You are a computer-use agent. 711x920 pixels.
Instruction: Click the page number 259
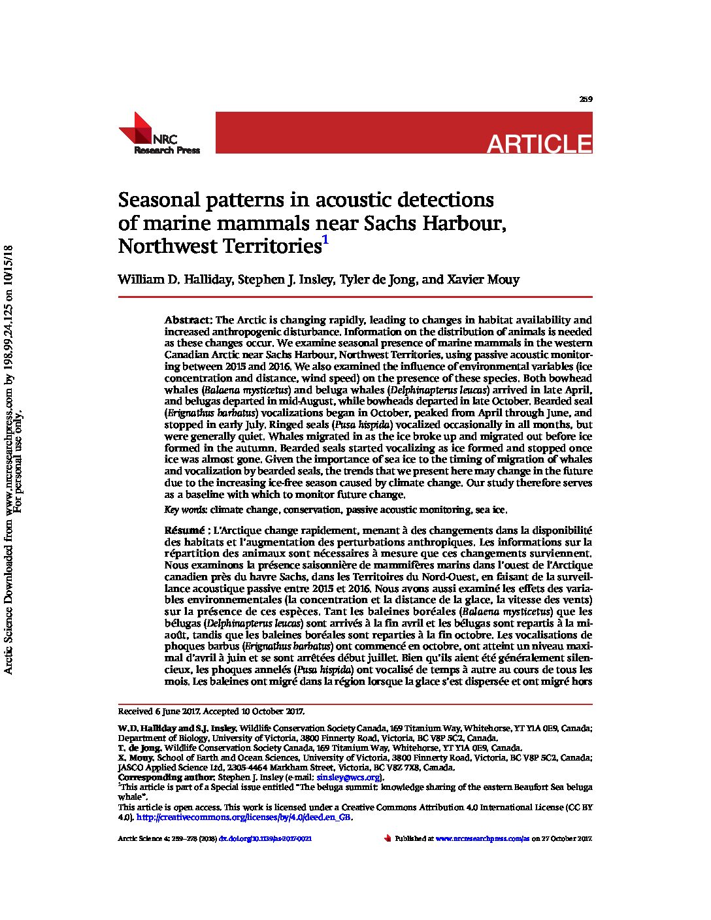point(586,99)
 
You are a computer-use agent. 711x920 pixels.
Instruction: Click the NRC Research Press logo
point(159,134)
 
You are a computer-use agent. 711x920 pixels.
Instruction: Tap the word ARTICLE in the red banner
point(539,143)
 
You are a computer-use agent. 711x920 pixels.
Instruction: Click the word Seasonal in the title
point(163,200)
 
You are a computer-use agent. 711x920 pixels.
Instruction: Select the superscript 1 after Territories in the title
point(325,241)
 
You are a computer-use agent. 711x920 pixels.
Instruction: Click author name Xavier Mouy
point(483,280)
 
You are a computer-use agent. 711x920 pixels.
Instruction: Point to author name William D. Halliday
point(174,280)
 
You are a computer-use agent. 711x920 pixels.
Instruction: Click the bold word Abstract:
point(188,320)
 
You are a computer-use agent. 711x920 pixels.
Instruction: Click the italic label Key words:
point(186,510)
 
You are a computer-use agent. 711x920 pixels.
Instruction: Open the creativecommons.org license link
point(244,817)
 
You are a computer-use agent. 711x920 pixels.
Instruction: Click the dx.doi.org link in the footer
point(265,838)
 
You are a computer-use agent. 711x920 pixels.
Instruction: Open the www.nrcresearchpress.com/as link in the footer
point(482,838)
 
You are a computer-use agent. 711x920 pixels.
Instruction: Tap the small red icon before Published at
point(388,838)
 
